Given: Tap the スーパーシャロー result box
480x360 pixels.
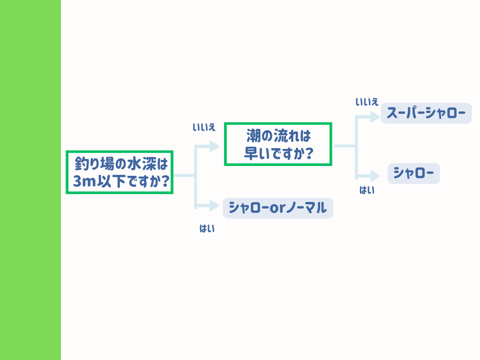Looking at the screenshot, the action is (426, 113).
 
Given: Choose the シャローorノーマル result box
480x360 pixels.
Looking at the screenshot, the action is (278, 208).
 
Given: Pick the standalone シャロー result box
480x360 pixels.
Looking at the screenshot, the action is (413, 173).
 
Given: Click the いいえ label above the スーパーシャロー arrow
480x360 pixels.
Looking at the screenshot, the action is (367, 102).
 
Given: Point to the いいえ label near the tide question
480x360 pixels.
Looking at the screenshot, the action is (204, 127).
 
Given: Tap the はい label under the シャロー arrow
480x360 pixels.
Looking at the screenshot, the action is (367, 190).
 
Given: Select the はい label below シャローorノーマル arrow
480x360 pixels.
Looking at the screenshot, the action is (207, 228).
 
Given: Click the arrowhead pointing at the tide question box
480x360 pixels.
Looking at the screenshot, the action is (215, 146).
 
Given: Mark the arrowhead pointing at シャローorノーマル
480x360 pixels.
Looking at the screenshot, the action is (215, 206).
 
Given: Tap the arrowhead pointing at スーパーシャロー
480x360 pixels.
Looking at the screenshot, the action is (375, 117).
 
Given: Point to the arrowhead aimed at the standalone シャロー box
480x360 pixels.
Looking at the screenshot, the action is (375, 176).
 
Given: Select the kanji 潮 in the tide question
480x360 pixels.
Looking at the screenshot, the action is (253, 136).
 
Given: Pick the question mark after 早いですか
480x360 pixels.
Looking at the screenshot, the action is (309, 153).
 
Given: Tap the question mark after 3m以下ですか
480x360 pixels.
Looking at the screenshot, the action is (165, 181).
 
